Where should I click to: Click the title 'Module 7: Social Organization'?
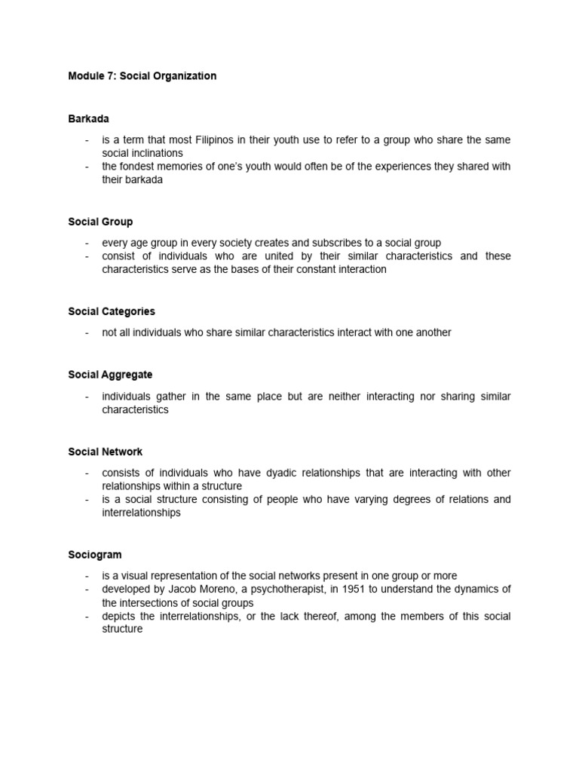142,76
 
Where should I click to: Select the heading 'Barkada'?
89,118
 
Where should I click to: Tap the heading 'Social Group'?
100,222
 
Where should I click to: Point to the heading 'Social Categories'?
112,311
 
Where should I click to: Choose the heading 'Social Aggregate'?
110,375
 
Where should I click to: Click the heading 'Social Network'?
105,452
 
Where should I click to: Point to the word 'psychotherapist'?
276,589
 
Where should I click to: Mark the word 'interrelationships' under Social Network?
142,513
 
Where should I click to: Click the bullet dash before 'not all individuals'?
87,332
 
